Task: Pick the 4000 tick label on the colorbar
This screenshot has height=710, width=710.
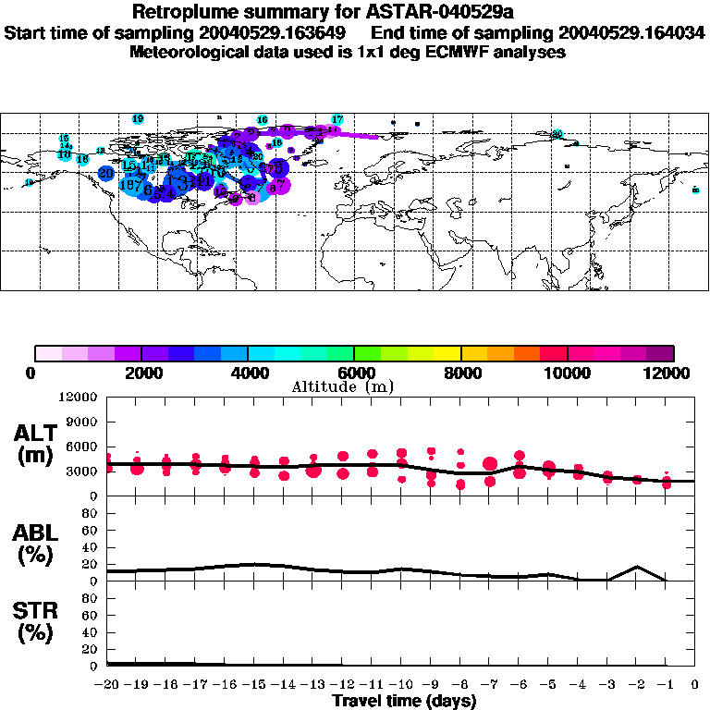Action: (x=248, y=373)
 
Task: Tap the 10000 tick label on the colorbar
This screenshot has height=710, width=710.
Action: (x=568, y=373)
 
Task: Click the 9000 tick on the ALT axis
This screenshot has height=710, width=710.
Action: (x=80, y=422)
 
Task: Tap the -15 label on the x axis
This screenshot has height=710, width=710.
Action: (x=254, y=685)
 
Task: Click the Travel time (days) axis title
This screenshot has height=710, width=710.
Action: (x=404, y=702)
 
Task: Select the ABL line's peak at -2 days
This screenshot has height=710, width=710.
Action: (x=637, y=567)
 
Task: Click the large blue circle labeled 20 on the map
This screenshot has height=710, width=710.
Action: (x=105, y=173)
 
